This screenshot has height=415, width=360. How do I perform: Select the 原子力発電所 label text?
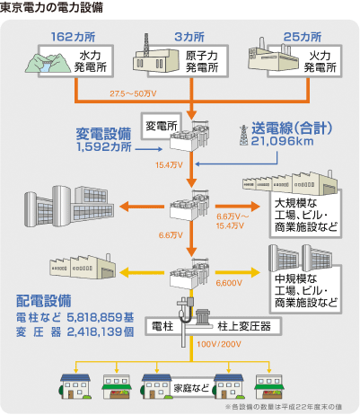(202, 61)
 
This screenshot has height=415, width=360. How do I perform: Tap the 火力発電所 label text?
(320, 61)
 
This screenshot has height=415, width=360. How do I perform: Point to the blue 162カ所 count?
(73, 37)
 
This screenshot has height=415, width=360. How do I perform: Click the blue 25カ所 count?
(303, 37)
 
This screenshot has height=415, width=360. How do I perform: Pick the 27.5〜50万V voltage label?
(133, 93)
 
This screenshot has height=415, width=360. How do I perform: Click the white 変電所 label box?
(162, 126)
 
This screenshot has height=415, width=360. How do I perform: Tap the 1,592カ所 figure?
(104, 146)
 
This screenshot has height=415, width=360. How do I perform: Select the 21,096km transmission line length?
(282, 141)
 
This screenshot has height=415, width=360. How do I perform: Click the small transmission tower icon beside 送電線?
(244, 135)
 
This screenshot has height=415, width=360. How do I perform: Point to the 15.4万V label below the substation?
(169, 165)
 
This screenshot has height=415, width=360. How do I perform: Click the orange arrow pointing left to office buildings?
(142, 207)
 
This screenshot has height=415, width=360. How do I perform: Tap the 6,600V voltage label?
(229, 283)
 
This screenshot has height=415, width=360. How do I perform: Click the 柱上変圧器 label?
(244, 326)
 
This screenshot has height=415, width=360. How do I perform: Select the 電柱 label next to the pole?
(162, 326)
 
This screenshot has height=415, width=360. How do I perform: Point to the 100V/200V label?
(219, 344)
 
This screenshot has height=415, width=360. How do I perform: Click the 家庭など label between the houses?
(191, 388)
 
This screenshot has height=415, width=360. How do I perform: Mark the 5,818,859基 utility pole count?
(101, 317)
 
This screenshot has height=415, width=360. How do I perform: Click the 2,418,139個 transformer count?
(101, 331)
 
